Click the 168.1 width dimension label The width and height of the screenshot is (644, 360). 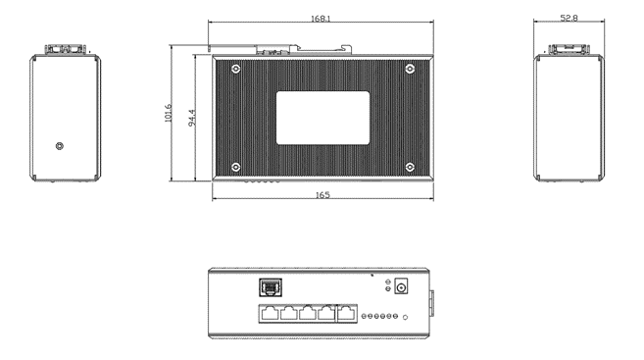coord(321,19)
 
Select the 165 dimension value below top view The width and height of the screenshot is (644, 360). coord(322,195)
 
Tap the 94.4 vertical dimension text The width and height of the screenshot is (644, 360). coord(192,117)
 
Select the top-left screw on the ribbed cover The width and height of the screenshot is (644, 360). coord(235,68)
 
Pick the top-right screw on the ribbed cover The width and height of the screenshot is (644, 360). coord(410,68)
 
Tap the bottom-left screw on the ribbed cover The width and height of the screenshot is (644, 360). coord(235,167)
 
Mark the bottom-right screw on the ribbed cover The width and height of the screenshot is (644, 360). coord(410,167)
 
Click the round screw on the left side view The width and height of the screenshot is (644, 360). coord(61,146)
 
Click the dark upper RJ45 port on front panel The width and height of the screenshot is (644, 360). coord(268,287)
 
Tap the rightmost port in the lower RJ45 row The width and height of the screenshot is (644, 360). coord(347,314)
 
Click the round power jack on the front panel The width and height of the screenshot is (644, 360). coord(401,287)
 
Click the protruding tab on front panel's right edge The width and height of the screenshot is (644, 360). coord(431,302)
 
